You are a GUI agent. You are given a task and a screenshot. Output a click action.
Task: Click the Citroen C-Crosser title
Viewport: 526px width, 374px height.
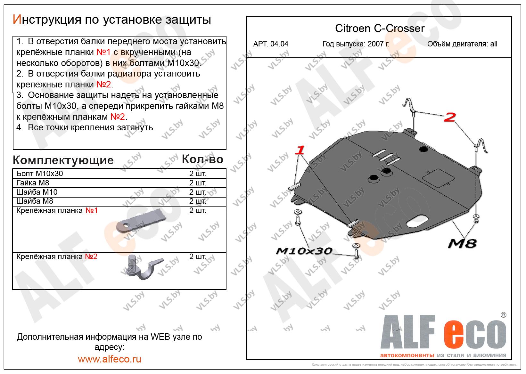pyautogui.click(x=380, y=28)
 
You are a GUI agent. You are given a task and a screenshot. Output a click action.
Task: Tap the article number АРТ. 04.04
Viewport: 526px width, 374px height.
pyautogui.click(x=270, y=44)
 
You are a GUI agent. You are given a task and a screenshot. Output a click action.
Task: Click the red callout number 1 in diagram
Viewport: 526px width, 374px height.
pyautogui.click(x=300, y=150)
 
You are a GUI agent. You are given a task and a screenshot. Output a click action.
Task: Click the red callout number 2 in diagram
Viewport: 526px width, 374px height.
pyautogui.click(x=450, y=117)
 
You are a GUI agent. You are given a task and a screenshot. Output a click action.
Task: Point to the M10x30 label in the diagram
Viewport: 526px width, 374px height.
pyautogui.click(x=304, y=251)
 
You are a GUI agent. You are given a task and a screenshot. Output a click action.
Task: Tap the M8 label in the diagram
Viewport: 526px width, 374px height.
pyautogui.click(x=462, y=243)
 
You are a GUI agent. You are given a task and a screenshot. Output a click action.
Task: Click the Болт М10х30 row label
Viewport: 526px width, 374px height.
pyautogui.click(x=40, y=174)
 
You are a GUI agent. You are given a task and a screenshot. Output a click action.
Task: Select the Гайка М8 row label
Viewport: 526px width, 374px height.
pyautogui.click(x=33, y=183)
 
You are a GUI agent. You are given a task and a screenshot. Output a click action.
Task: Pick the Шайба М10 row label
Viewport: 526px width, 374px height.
pyautogui.click(x=37, y=192)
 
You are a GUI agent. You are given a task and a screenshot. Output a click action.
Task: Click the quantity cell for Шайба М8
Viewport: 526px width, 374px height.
pyautogui.click(x=198, y=201)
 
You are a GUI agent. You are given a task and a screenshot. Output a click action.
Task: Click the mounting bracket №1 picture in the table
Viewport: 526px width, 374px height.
pyautogui.click(x=141, y=220)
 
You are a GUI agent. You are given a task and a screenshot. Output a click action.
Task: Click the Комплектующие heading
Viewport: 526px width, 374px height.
pyautogui.click(x=63, y=160)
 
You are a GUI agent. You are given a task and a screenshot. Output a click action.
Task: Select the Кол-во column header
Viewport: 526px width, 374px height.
pyautogui.click(x=202, y=159)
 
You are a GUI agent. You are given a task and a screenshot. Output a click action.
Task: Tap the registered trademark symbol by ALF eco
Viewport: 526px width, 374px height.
pyautogui.click(x=504, y=315)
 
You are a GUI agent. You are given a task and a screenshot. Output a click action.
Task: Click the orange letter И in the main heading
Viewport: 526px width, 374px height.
pyautogui.click(x=17, y=19)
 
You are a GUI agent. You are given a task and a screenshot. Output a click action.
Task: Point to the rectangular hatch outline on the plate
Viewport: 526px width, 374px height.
pyautogui.click(x=438, y=178)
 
